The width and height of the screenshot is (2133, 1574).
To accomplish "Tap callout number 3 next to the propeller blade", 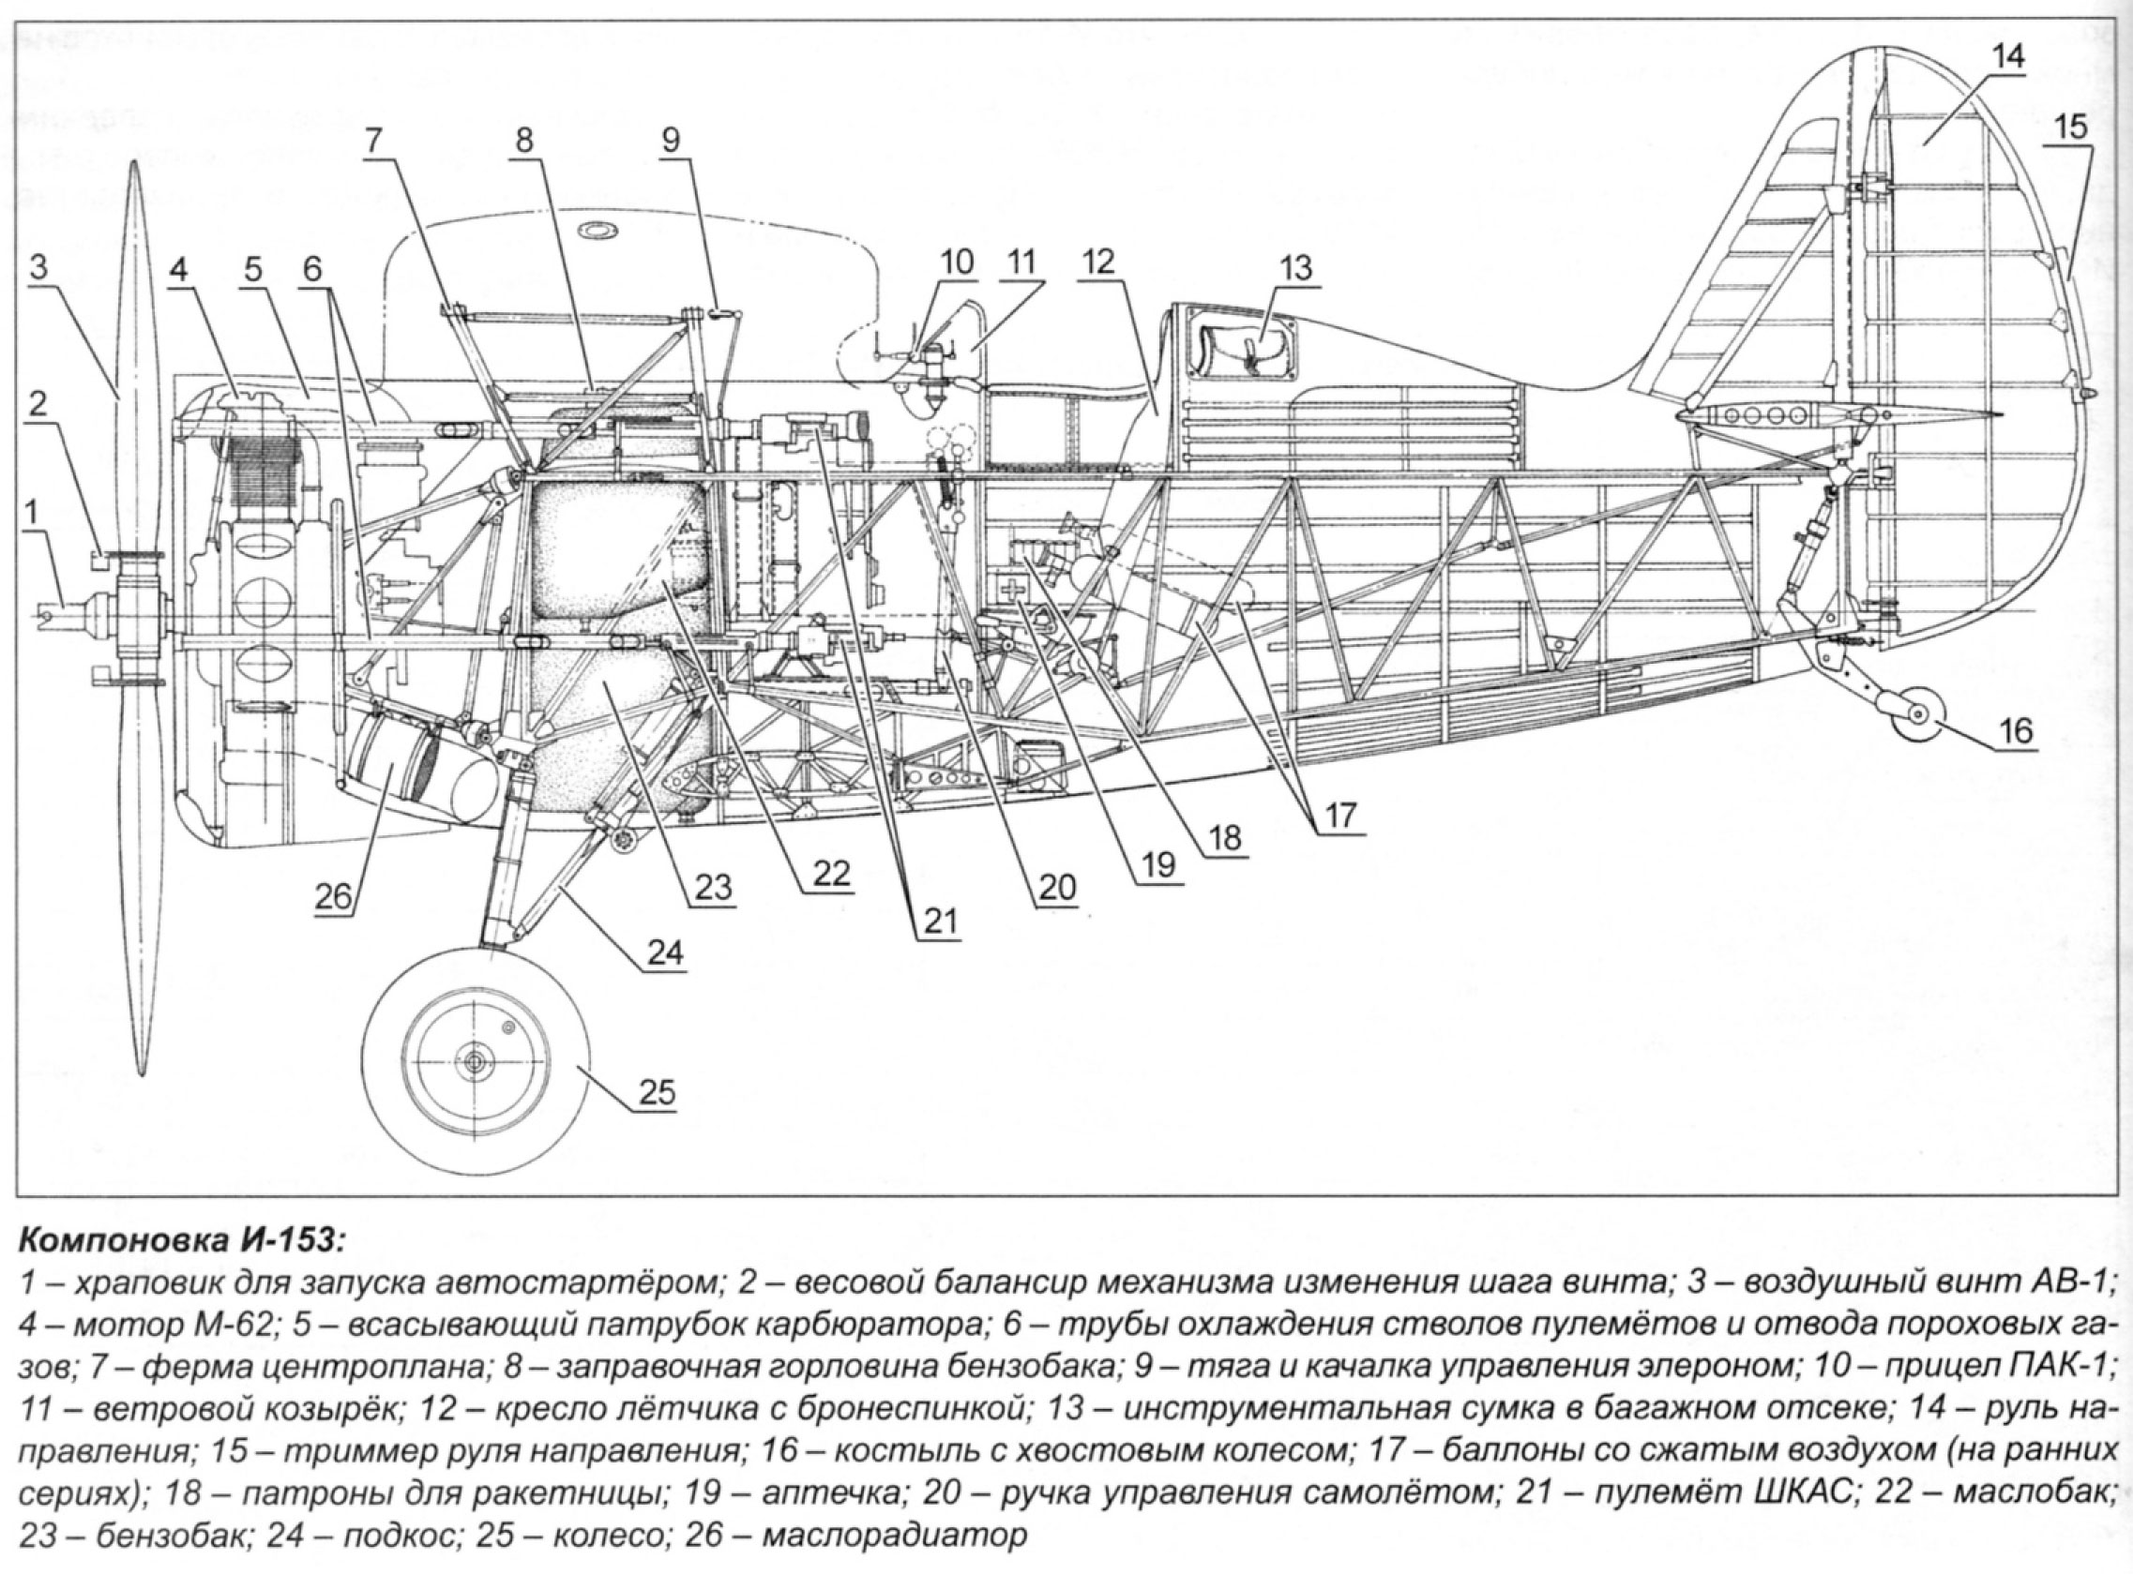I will tap(38, 268).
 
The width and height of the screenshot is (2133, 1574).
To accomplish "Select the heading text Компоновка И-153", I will tap(178, 1240).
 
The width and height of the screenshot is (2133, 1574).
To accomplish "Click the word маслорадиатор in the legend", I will tap(896, 1537).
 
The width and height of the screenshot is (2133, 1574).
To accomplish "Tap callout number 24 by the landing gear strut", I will tap(664, 950).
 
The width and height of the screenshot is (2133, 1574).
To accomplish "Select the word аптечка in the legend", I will tap(830, 1492).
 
